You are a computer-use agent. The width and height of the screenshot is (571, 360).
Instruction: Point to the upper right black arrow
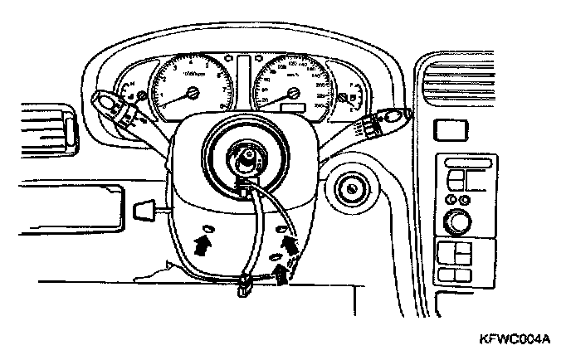click(x=290, y=243)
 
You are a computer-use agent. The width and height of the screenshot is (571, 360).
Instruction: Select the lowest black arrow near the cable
click(x=281, y=273)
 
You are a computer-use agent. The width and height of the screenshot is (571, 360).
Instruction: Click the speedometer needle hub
click(x=290, y=93)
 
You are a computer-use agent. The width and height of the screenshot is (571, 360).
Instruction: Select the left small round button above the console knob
click(x=451, y=200)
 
